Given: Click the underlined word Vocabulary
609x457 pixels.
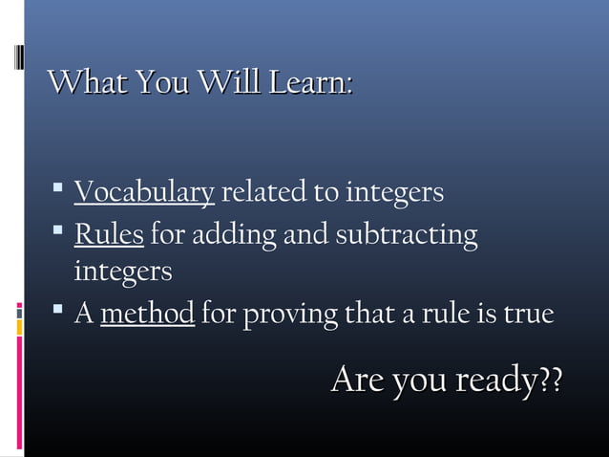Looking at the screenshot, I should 143,194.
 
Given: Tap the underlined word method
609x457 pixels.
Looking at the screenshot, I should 148,314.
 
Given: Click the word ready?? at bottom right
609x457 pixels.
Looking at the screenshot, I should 510,381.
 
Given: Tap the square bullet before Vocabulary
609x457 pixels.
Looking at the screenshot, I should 59,191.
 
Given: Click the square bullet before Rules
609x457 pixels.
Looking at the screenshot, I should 59,231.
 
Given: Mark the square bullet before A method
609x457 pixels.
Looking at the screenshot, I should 59,311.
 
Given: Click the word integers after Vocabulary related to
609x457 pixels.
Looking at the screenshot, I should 394,194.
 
